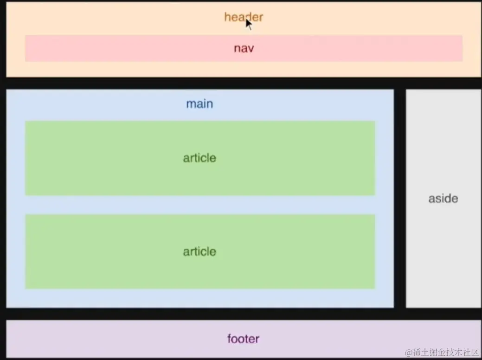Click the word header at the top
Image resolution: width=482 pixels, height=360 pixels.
(243, 17)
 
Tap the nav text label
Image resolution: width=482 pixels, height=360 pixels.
(244, 48)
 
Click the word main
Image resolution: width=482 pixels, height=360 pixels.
(199, 103)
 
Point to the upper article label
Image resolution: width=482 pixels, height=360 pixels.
(199, 158)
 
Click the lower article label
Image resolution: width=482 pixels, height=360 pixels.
(199, 251)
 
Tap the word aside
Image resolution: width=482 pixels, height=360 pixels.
(443, 199)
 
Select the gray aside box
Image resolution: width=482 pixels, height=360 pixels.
(443, 139)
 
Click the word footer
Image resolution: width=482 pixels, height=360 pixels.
(243, 339)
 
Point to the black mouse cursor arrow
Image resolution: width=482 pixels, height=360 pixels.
(249, 24)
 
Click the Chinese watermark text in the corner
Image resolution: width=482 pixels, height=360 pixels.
(446, 352)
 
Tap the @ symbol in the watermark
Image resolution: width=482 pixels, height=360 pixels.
(409, 353)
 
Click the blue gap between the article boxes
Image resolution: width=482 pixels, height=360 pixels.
(199, 205)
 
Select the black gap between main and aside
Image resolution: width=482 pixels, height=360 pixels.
(400, 199)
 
